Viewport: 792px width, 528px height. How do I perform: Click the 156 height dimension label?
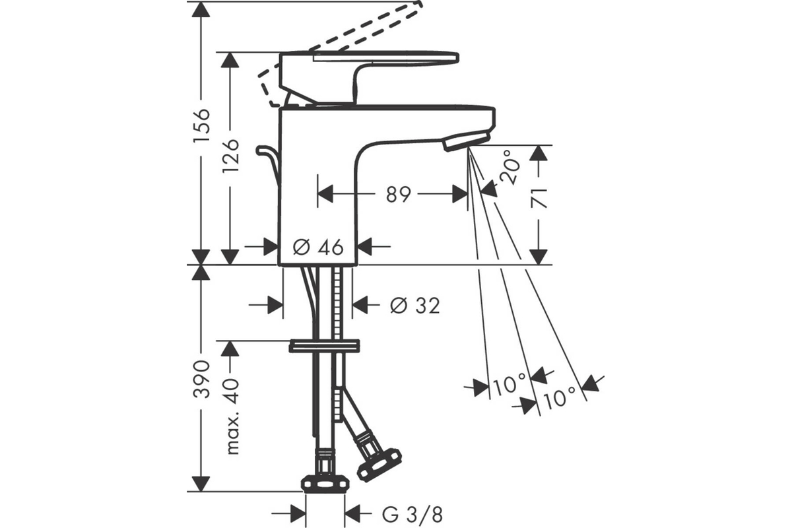(x=202, y=125)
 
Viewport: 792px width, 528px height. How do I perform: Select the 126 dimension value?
(x=231, y=156)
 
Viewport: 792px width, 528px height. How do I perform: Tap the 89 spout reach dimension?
(x=399, y=194)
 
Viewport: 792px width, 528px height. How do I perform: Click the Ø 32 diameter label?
(x=415, y=305)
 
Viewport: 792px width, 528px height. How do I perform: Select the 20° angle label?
(x=512, y=167)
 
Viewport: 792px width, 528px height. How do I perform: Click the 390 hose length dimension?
(x=202, y=379)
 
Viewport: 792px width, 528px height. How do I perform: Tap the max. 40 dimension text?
(x=232, y=416)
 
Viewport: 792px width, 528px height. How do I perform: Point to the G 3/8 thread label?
(x=412, y=515)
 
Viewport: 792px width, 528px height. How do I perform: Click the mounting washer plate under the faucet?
(x=324, y=346)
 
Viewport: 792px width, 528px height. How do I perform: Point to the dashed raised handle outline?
(x=339, y=53)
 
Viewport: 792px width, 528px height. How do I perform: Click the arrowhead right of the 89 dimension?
(x=460, y=194)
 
